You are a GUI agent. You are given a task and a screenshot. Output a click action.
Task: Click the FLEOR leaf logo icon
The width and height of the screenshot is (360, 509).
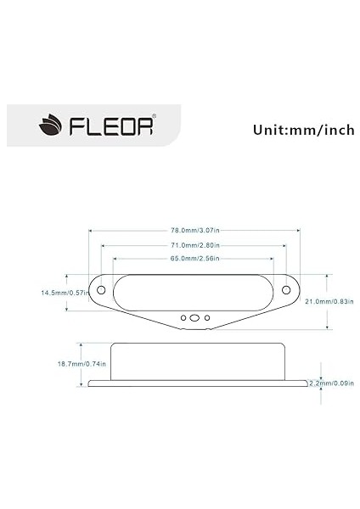tap(48, 127)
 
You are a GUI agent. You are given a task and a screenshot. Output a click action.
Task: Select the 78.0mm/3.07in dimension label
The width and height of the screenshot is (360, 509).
tap(194, 231)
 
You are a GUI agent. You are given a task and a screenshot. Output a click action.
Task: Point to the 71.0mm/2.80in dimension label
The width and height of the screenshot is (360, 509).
tap(194, 244)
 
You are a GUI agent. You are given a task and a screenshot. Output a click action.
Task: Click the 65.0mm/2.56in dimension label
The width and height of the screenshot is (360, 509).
tap(194, 258)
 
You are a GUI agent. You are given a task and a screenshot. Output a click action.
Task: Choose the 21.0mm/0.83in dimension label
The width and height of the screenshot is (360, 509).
tap(328, 301)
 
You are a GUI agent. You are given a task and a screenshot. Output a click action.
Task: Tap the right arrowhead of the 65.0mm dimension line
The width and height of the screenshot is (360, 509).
tap(272, 258)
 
